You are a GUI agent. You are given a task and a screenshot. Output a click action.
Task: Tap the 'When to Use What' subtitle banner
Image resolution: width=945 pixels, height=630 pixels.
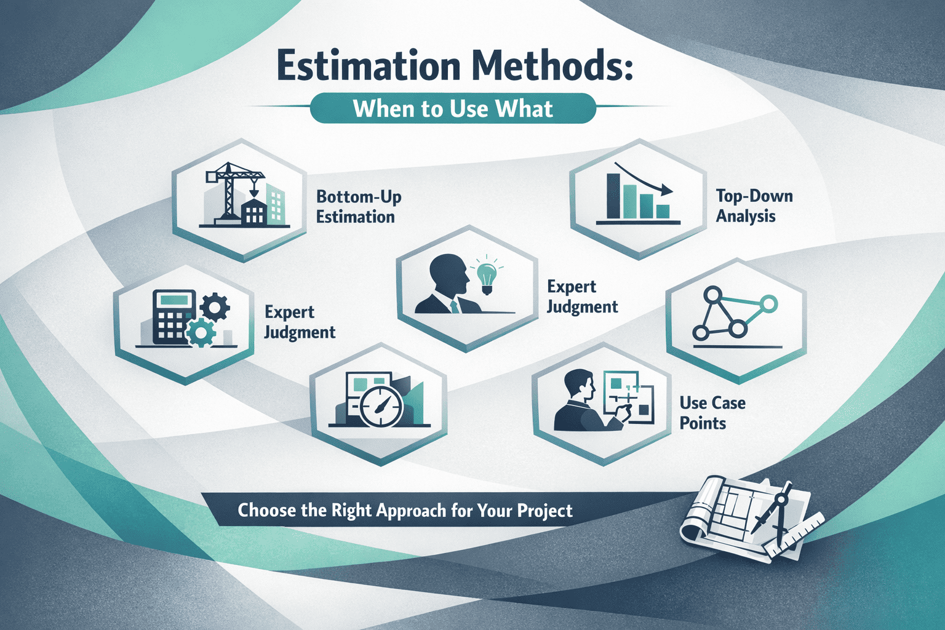point(453,108)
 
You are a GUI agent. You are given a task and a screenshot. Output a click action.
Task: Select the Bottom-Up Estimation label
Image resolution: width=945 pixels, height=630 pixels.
point(359,207)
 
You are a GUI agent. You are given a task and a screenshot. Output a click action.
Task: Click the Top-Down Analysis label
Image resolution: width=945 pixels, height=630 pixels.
point(754,206)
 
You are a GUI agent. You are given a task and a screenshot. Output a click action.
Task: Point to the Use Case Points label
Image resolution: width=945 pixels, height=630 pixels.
point(712,413)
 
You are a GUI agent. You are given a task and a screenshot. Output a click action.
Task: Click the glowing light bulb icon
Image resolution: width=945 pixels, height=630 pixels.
point(487,274)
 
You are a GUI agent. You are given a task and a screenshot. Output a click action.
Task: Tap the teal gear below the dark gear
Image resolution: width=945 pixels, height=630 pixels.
point(200,334)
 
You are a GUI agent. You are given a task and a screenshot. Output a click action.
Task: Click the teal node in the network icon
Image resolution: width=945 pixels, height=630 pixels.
point(770,303)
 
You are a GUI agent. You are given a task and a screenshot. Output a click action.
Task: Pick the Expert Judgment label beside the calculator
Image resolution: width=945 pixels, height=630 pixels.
point(300,322)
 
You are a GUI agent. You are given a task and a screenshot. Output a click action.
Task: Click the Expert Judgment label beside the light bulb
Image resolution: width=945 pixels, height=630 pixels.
point(583,297)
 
